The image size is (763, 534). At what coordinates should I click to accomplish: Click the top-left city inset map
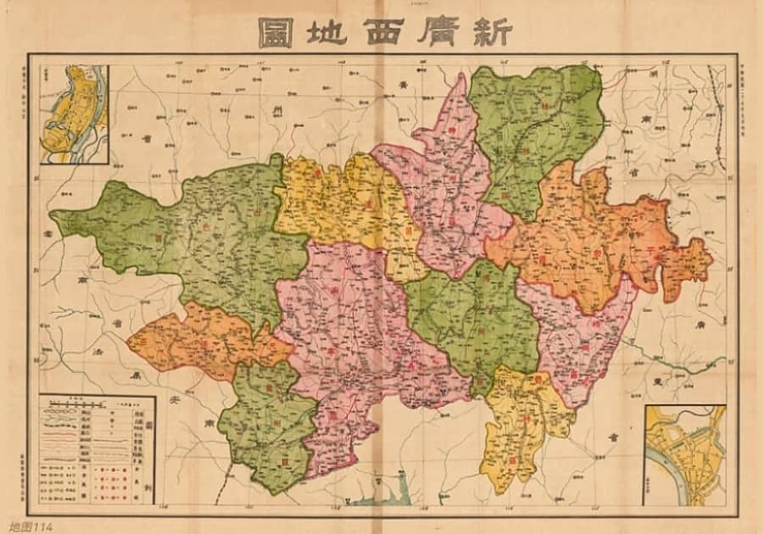click(x=75, y=114)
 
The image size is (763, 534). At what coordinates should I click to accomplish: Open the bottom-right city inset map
click(x=685, y=455)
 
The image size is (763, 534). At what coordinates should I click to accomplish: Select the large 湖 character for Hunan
click(x=653, y=77)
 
